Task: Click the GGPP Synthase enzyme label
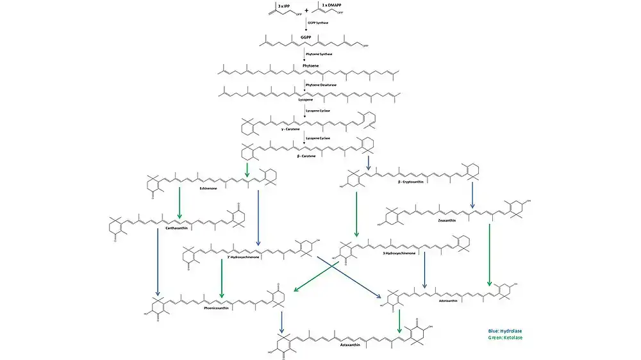(319, 23)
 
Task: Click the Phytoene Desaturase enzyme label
(320, 85)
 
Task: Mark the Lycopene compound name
(306, 99)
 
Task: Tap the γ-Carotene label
(291, 129)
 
